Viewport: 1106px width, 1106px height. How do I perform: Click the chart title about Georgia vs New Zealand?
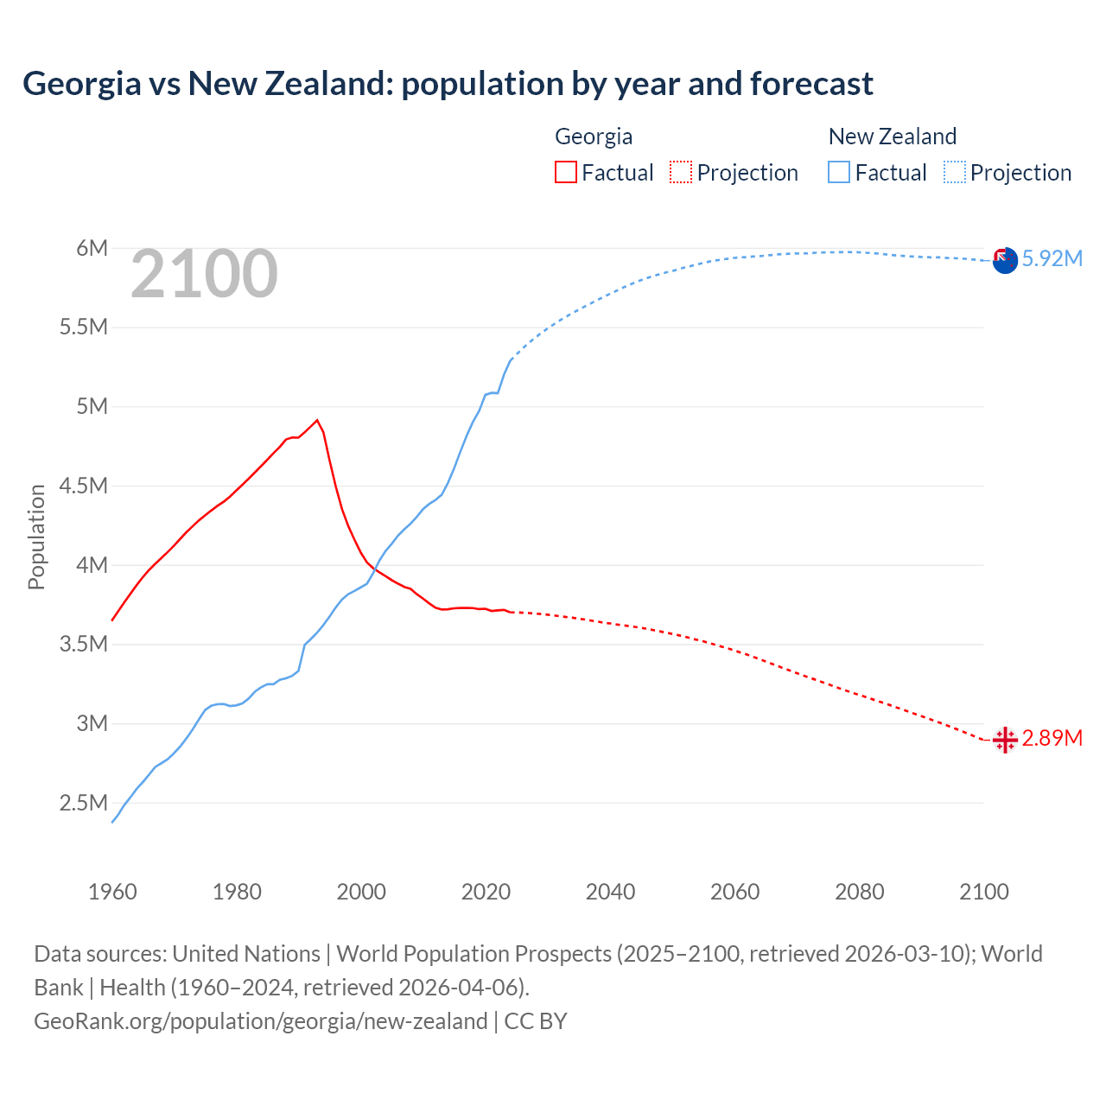click(x=448, y=84)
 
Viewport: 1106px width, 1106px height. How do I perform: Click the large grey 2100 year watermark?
click(x=204, y=275)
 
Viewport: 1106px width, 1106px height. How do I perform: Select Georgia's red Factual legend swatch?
click(x=566, y=172)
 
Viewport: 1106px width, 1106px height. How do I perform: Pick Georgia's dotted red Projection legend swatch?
click(x=681, y=172)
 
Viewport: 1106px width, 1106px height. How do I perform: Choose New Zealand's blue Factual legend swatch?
click(x=839, y=172)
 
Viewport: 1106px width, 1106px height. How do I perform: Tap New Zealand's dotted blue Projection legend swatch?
click(x=955, y=172)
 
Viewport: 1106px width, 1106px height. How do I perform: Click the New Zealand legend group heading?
click(x=892, y=137)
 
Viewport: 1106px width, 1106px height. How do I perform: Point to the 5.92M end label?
click(x=1052, y=258)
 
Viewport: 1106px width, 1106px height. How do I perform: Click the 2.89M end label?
click(x=1052, y=738)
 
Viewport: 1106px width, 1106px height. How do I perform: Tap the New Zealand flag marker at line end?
click(x=1005, y=260)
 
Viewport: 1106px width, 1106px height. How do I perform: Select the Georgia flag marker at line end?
click(x=1005, y=740)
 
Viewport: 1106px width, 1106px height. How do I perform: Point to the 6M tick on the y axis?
click(x=92, y=249)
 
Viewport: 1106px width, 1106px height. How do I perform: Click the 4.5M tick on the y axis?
click(x=84, y=486)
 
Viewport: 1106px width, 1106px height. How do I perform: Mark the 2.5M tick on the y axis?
click(x=84, y=803)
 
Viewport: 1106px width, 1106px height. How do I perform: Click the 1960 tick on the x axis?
click(x=112, y=892)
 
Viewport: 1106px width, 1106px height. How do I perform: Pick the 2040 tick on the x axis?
click(x=610, y=892)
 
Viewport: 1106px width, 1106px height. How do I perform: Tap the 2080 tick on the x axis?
click(x=859, y=892)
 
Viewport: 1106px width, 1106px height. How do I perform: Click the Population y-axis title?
click(x=36, y=537)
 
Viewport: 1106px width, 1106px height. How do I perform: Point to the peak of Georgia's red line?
click(x=317, y=420)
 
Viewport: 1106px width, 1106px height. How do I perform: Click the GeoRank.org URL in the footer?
click(x=260, y=1021)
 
